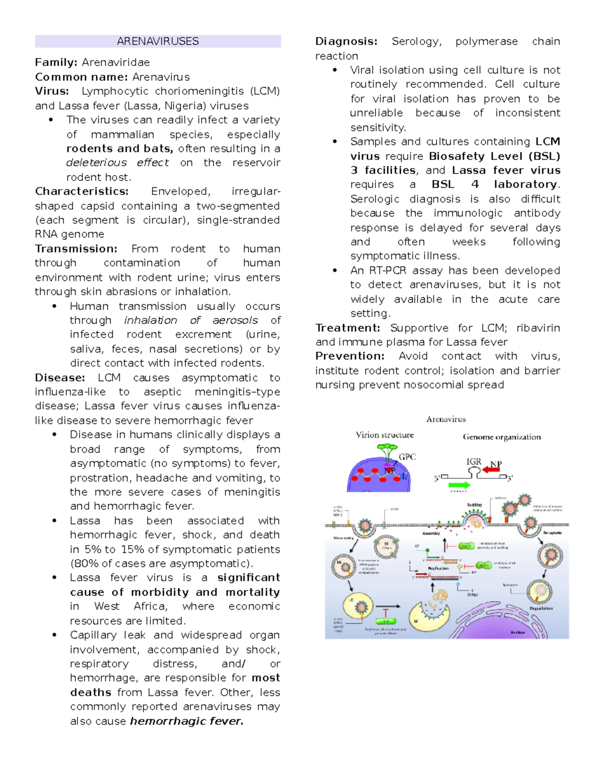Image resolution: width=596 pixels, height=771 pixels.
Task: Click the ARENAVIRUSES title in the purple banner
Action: pos(157,41)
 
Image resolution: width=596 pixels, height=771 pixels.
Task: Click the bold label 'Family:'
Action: pos(56,62)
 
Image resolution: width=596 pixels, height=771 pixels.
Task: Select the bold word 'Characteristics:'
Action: pos(81,191)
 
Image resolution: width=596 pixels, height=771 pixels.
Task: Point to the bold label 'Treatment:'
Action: pos(348,328)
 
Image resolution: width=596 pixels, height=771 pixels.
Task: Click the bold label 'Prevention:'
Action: pos(350,356)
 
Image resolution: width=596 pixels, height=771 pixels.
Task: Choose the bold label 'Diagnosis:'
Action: pos(346,41)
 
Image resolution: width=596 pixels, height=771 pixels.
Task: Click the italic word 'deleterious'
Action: pos(96,163)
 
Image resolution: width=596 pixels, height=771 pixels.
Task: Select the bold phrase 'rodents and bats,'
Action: pos(120,148)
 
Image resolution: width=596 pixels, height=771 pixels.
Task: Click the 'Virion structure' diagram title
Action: pos(384,435)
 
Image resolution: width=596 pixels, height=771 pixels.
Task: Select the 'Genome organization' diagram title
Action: pos(502,437)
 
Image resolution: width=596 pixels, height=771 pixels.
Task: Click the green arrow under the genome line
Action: pos(459,485)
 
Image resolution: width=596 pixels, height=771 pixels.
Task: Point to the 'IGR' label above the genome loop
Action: pos(474,462)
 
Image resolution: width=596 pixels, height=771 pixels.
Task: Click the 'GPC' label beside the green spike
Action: pos(407,457)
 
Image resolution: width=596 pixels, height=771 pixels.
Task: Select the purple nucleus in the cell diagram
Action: pos(502,621)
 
